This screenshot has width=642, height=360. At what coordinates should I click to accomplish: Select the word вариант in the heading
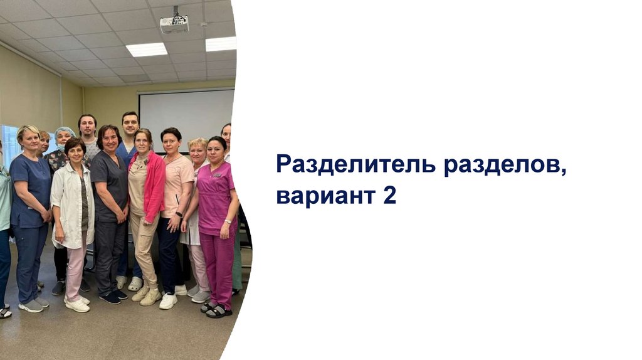[326, 196]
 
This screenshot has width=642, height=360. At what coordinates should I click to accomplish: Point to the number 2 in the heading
[390, 195]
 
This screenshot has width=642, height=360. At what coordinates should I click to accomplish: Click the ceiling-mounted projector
[174, 24]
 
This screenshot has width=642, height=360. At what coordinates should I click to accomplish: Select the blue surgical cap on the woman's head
[65, 132]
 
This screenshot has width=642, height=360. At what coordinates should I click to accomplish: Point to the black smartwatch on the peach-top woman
[179, 214]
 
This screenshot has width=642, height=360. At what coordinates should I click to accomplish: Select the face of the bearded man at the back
[88, 128]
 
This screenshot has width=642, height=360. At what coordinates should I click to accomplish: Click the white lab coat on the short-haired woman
[73, 206]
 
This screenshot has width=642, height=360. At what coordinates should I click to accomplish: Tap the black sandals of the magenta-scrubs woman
[216, 310]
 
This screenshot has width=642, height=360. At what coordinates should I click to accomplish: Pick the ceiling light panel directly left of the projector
[147, 50]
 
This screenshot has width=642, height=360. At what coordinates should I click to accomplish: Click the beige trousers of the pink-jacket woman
[144, 250]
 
